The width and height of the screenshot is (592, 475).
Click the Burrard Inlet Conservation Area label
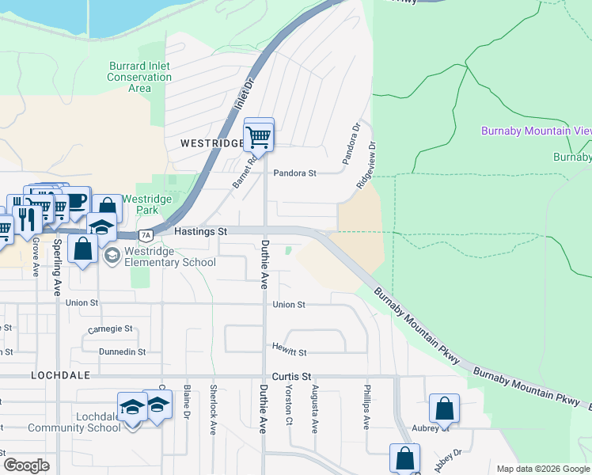click(x=139, y=77)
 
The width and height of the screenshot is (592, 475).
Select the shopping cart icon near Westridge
click(x=259, y=136)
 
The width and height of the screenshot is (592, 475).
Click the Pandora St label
click(x=294, y=173)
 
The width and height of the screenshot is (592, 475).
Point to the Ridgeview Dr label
click(x=366, y=165)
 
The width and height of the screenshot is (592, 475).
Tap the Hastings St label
click(x=200, y=231)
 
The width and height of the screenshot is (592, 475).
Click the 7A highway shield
click(x=145, y=235)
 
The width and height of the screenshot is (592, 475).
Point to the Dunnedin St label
click(x=123, y=351)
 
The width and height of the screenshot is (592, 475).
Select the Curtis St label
click(x=292, y=377)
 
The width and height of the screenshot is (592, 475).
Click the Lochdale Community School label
click(x=74, y=422)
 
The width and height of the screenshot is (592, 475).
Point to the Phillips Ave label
click(x=366, y=407)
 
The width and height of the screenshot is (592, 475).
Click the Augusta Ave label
click(x=315, y=413)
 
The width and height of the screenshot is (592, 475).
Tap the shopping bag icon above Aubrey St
click(x=444, y=408)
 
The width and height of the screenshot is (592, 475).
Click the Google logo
click(x=27, y=465)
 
